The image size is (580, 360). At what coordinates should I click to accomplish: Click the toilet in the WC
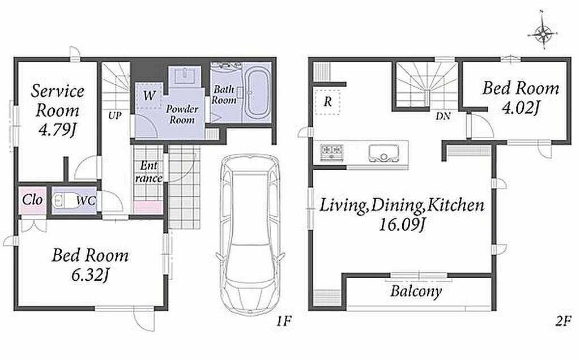click(x=64, y=201)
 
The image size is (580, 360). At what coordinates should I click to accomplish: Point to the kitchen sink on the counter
click(x=385, y=153)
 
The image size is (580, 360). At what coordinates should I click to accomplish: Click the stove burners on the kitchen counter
click(x=332, y=152)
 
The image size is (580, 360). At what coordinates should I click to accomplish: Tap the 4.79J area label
click(x=57, y=130)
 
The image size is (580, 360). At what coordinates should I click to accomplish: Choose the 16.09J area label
click(x=402, y=224)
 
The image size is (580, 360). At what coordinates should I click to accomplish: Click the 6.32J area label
click(x=91, y=275)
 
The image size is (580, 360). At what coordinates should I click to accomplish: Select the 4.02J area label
click(x=521, y=108)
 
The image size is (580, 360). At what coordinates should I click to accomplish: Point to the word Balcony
click(x=416, y=292)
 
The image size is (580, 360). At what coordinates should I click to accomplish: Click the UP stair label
click(x=114, y=115)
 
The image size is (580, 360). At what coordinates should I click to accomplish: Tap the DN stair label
click(x=443, y=116)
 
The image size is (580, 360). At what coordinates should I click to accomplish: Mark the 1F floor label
click(x=284, y=320)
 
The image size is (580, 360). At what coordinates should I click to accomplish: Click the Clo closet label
click(x=32, y=200)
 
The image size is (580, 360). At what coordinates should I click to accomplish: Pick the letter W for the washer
click(x=149, y=95)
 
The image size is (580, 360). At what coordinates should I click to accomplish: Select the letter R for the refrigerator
click(x=328, y=101)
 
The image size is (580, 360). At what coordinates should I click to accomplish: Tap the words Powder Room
click(x=182, y=114)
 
